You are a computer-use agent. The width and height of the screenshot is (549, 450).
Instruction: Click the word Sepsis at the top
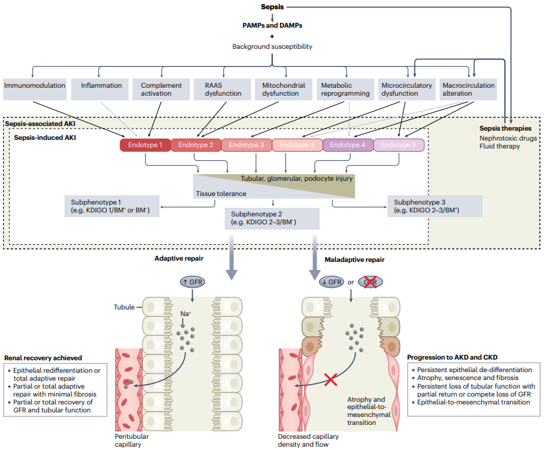pyautogui.click(x=272, y=7)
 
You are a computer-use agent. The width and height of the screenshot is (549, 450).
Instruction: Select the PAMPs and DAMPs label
pyautogui.click(x=272, y=25)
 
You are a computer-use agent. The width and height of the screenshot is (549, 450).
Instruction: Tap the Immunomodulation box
pyautogui.click(x=34, y=89)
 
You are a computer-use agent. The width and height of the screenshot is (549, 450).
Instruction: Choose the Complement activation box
pyautogui.click(x=156, y=89)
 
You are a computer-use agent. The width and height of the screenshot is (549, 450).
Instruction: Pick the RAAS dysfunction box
pyautogui.click(x=215, y=89)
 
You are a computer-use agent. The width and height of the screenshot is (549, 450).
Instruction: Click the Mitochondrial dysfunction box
pyautogui.click(x=280, y=89)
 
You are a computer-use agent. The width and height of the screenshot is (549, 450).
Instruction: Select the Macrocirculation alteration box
pyautogui.click(x=468, y=89)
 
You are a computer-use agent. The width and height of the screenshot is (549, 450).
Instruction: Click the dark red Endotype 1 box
pyautogui.click(x=145, y=145)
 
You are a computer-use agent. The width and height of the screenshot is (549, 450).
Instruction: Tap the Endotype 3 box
pyautogui.click(x=246, y=145)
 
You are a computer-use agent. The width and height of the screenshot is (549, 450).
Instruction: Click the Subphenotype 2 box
pyautogui.click(x=272, y=218)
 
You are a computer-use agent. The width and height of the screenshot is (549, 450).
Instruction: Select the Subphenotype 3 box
pyautogui.click(x=435, y=206)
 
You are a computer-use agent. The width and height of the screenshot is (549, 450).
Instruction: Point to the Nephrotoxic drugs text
pyautogui.click(x=508, y=138)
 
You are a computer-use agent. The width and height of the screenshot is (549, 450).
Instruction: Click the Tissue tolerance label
pyautogui.click(x=220, y=193)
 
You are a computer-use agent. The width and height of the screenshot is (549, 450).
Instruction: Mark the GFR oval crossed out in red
pyautogui.click(x=370, y=282)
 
